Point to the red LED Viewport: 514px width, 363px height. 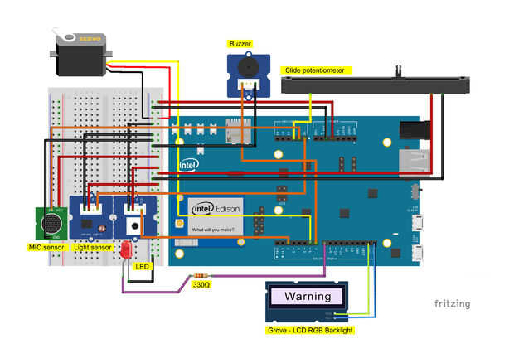tap(127, 249)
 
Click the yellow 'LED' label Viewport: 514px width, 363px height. tap(142, 267)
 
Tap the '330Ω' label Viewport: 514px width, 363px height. tap(201, 285)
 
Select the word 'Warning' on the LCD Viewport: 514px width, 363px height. tap(308, 296)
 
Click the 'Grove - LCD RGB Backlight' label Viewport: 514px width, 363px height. tap(308, 330)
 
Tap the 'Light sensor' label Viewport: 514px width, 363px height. tap(93, 248)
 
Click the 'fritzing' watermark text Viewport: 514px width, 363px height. tap(452, 303)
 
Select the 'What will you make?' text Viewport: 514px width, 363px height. tap(213, 229)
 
